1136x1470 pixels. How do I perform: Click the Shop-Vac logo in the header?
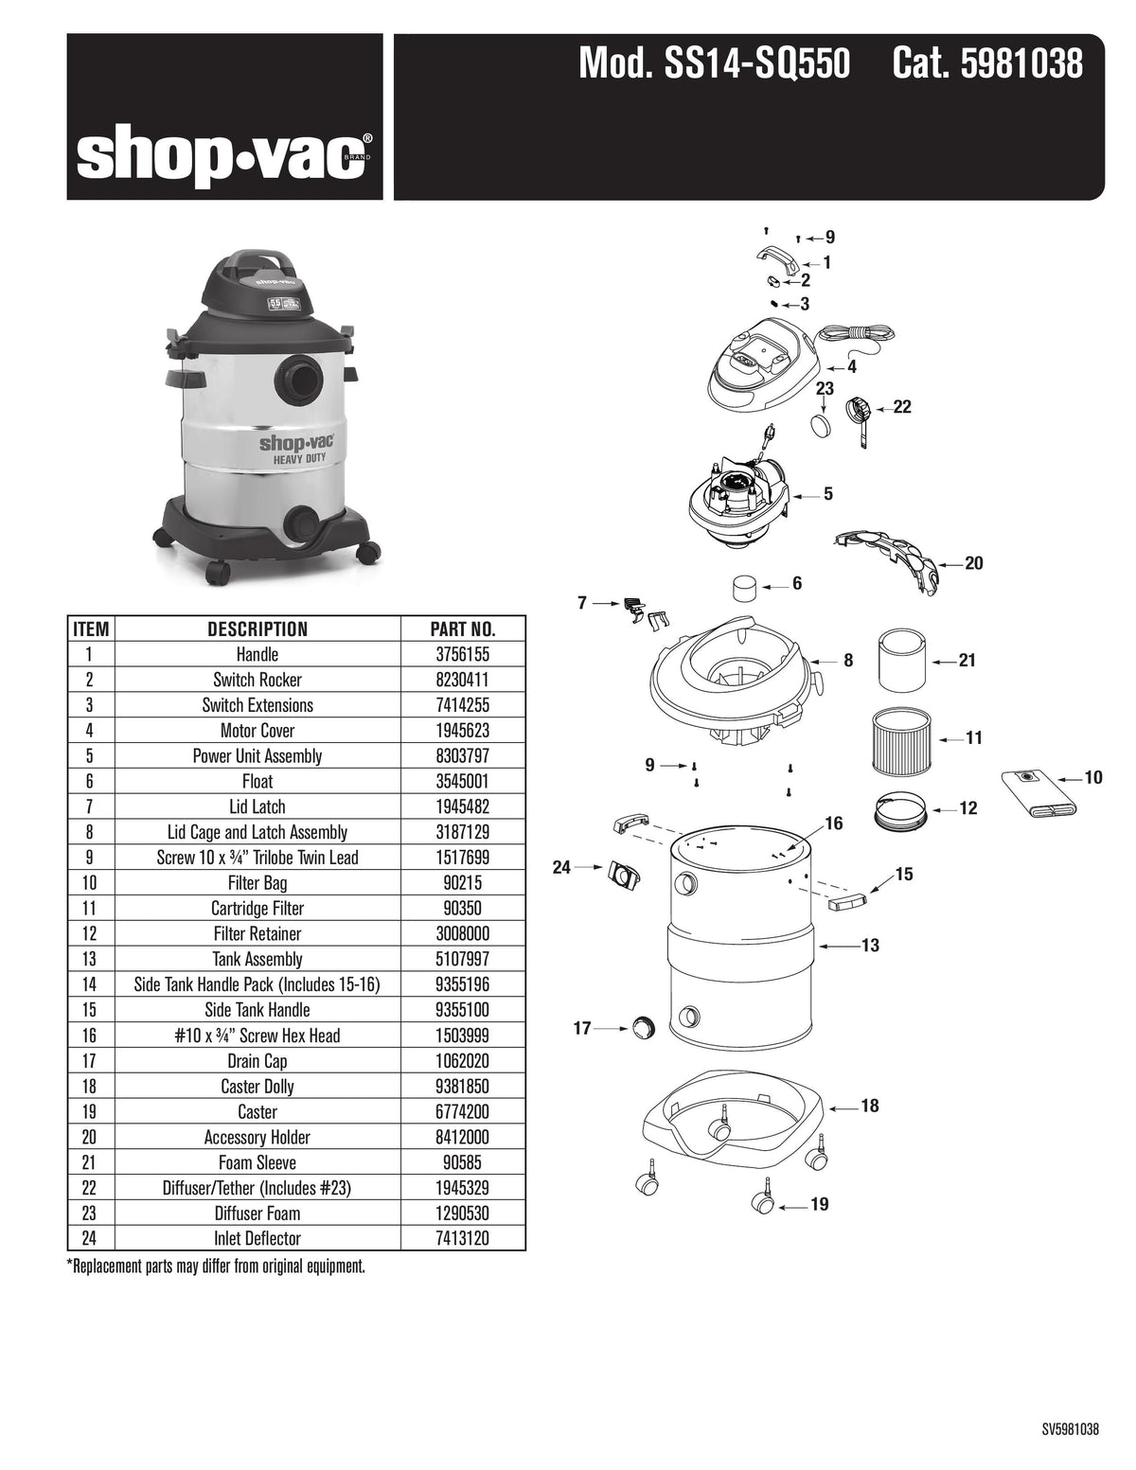point(224,156)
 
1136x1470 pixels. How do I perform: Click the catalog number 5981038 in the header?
point(987,64)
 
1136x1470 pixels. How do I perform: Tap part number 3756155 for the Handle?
point(463,654)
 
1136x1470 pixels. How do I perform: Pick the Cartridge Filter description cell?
point(257,909)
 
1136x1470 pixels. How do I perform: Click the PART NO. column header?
point(463,629)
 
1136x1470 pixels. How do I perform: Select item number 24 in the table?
point(91,1238)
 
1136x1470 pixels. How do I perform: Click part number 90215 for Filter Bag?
point(463,883)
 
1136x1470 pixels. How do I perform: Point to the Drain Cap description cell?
point(257,1061)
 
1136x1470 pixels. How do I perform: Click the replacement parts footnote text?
point(216,1266)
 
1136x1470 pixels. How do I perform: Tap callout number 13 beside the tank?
point(870,945)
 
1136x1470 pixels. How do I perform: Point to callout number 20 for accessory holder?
point(973,563)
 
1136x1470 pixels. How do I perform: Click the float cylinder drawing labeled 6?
point(746,588)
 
